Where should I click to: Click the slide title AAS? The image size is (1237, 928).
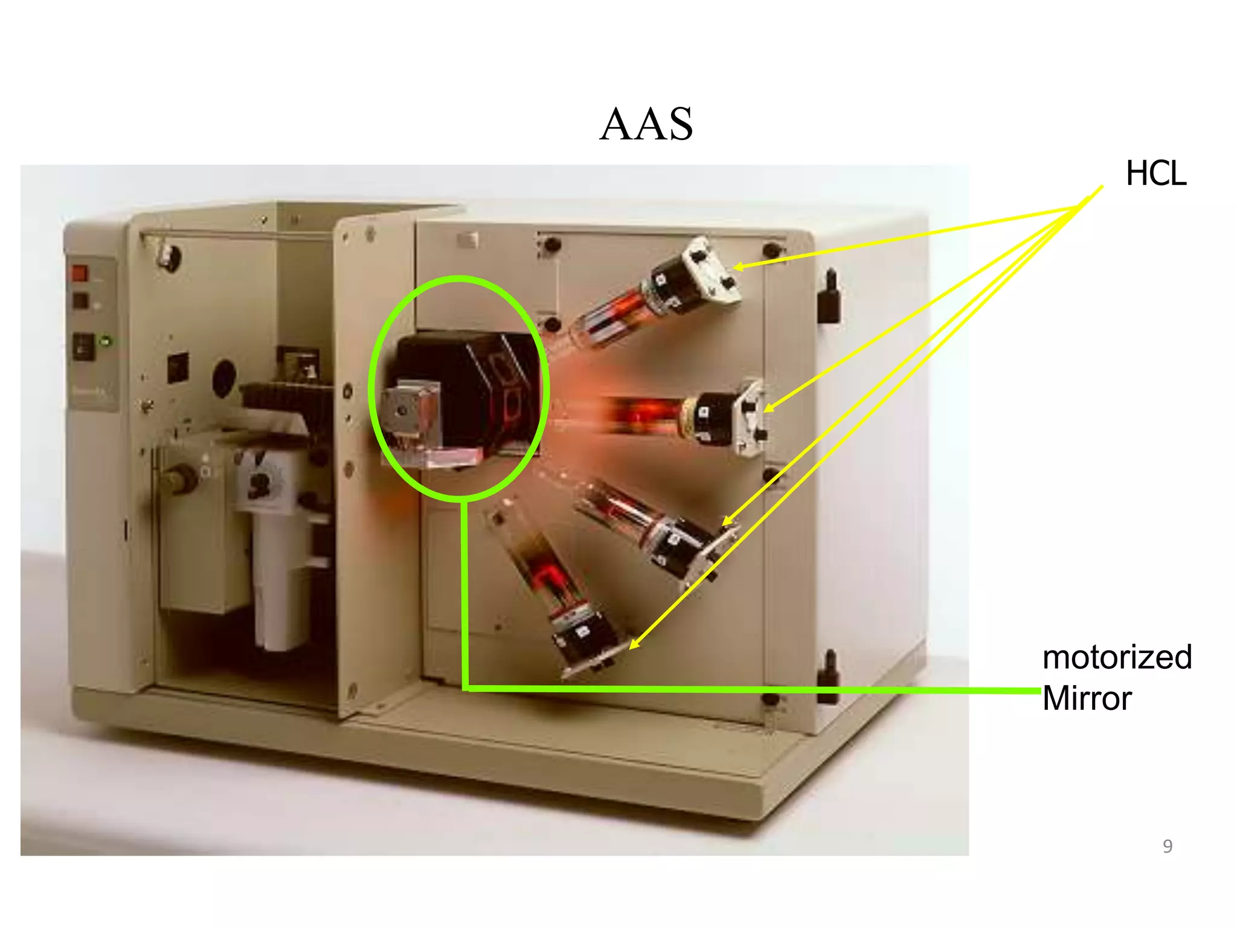click(646, 124)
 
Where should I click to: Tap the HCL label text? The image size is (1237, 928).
click(1155, 174)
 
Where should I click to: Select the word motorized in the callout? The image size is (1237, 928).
click(1117, 657)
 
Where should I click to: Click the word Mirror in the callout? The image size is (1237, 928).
click(1087, 698)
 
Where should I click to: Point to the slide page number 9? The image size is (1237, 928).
click(1168, 846)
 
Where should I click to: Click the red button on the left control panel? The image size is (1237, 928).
click(80, 273)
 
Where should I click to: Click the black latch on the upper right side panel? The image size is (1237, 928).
click(829, 297)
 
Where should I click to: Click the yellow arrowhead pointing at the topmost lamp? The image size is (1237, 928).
click(738, 266)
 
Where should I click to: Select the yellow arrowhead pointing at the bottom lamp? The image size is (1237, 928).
click(634, 645)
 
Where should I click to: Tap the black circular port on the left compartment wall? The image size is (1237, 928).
click(224, 378)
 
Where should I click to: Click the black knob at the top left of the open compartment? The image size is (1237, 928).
click(170, 259)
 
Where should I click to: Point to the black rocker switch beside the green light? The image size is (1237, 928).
click(83, 347)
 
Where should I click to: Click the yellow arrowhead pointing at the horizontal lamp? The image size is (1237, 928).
click(768, 408)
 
